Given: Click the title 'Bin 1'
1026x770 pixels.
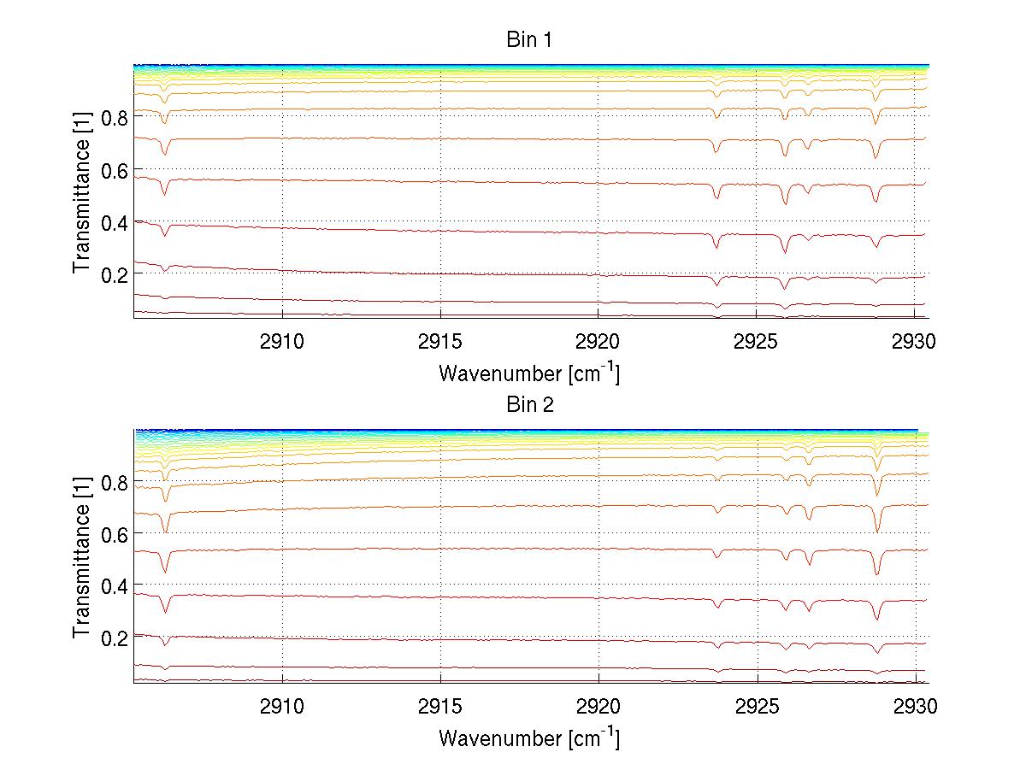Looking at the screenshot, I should (x=530, y=40).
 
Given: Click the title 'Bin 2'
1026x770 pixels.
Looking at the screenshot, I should (x=530, y=405).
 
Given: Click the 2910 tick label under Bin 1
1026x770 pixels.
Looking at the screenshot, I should (x=282, y=342).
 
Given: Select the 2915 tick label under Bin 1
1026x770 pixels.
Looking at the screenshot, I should (x=440, y=342).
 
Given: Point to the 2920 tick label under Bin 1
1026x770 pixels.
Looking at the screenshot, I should (x=598, y=342).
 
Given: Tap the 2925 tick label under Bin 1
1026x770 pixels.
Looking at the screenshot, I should (x=757, y=342).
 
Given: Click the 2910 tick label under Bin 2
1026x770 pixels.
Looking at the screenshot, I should (x=282, y=707).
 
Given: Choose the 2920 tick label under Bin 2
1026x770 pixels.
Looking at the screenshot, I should (x=598, y=707).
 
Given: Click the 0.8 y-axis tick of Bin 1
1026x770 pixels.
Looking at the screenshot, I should (x=114, y=118).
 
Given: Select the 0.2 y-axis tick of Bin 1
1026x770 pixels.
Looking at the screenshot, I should (x=114, y=274).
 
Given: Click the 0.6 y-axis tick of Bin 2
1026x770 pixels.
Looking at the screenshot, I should (x=114, y=534).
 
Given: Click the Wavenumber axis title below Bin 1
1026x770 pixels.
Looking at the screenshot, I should (x=529, y=373).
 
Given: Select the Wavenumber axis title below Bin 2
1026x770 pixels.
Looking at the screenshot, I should (x=529, y=738).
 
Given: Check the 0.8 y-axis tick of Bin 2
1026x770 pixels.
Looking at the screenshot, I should (x=114, y=483).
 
